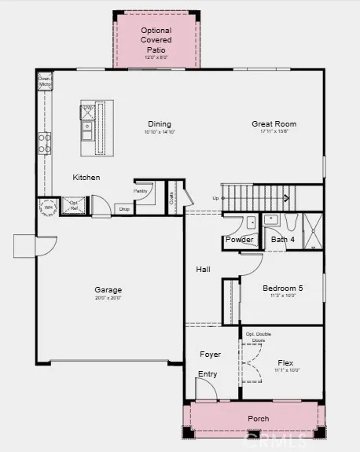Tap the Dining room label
[x=160, y=123]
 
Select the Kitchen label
[x=86, y=178]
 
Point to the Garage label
[x=108, y=289]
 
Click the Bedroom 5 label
[x=282, y=288]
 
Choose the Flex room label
[x=285, y=362]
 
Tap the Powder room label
[x=239, y=239]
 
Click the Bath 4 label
[x=283, y=239]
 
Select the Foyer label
[x=209, y=355]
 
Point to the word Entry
[x=208, y=374]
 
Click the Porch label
[x=258, y=419]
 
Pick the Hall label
[x=203, y=270]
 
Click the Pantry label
[x=141, y=190]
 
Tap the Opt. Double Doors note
[x=259, y=337]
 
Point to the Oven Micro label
[x=45, y=81]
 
